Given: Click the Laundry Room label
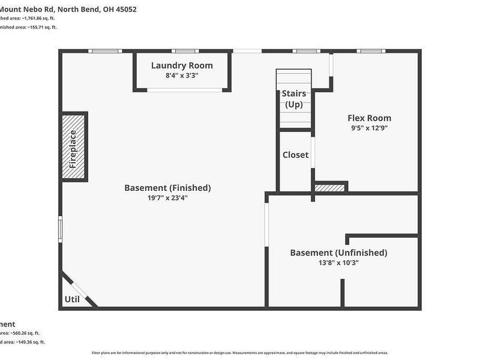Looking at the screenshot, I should click(182, 65).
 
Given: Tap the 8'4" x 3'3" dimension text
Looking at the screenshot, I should click(182, 76).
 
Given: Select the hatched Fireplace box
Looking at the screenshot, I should click(74, 146).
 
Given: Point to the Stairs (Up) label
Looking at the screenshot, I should click(294, 99).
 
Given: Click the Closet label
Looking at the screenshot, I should click(295, 155).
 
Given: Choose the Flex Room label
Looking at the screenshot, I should click(369, 118).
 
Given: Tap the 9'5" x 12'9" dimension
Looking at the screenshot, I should click(369, 128).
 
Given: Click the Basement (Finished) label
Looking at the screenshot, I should click(167, 188).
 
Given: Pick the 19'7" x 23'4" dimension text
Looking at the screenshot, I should click(167, 198).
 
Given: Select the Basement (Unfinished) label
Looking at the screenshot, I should click(338, 253).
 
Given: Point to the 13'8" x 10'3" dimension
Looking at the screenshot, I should click(338, 263).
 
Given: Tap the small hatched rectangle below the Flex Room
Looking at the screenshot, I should click(330, 188).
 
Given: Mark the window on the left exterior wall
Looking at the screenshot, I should click(60, 229).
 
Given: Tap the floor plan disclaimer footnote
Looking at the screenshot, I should click(240, 353).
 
